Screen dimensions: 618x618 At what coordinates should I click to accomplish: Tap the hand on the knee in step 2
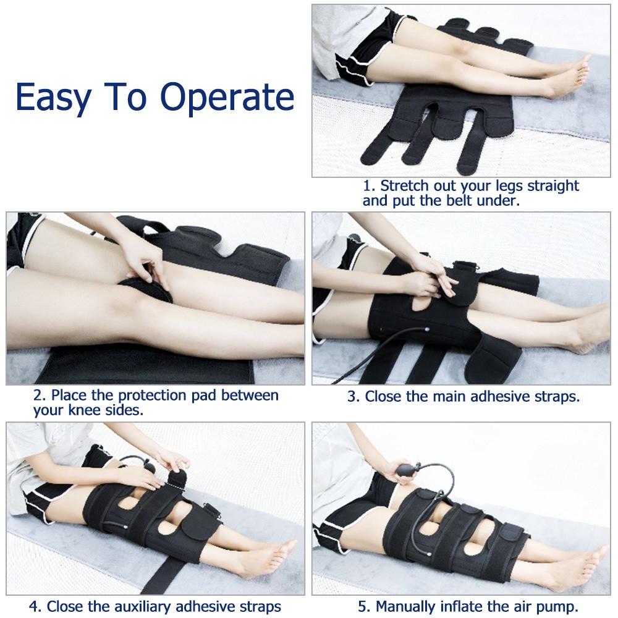pos(142,260)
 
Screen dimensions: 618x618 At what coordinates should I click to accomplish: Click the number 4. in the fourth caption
pos(35,606)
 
